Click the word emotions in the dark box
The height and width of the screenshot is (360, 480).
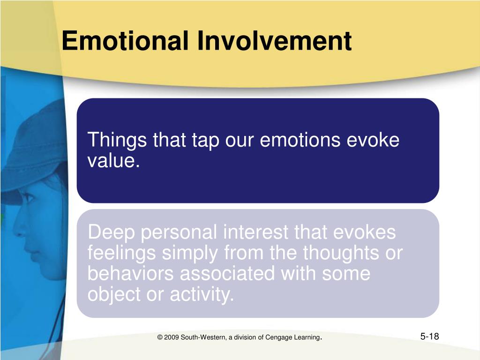click(300, 140)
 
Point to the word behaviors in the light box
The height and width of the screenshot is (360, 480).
click(130, 273)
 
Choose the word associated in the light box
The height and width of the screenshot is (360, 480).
click(227, 273)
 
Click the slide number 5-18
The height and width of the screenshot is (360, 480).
click(429, 337)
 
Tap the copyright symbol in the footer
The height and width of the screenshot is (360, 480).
click(160, 337)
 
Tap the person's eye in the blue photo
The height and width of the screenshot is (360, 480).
click(28, 198)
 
